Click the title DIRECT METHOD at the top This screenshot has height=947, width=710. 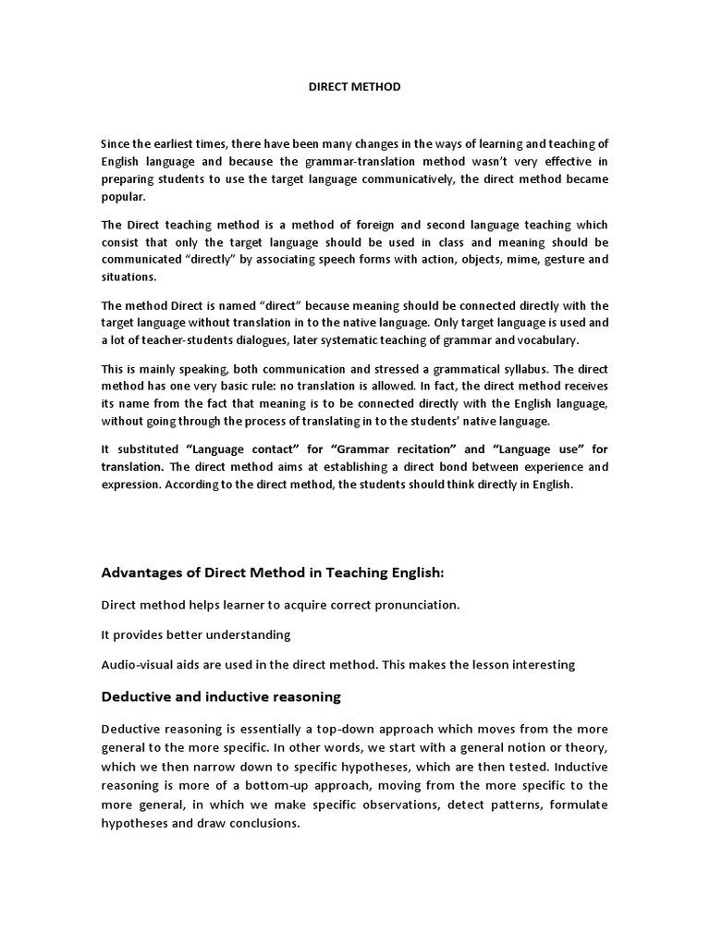pos(354,87)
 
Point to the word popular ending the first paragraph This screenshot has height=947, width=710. pos(122,197)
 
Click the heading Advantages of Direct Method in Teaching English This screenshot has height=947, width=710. pos(273,573)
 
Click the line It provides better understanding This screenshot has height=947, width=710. pos(195,634)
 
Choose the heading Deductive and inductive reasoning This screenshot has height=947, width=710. pos(221,695)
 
